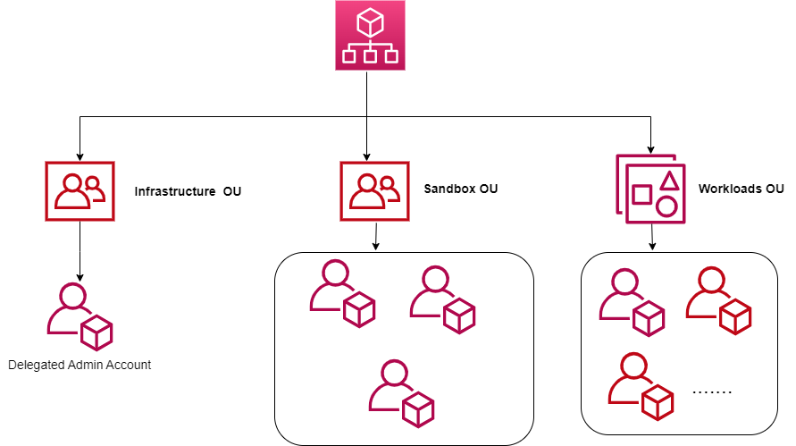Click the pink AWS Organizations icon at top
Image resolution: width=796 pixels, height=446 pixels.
369,35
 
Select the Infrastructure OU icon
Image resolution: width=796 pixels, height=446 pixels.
80,191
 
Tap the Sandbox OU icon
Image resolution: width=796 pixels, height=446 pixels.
375,190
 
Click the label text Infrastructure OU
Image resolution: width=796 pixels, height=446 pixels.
188,191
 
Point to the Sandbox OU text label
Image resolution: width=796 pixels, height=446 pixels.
461,189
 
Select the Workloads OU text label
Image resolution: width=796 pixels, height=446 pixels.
742,189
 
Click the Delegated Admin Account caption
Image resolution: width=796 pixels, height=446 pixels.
80,365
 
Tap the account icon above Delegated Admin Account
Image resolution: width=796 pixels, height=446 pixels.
80,316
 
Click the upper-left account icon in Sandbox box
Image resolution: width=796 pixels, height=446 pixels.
341,293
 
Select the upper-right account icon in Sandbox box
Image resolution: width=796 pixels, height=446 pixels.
442,298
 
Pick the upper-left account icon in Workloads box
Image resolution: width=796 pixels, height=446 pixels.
632,301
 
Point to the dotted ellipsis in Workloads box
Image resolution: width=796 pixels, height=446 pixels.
712,392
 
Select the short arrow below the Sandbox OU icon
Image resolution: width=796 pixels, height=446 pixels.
376,236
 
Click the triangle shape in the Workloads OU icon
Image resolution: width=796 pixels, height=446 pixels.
666,181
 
